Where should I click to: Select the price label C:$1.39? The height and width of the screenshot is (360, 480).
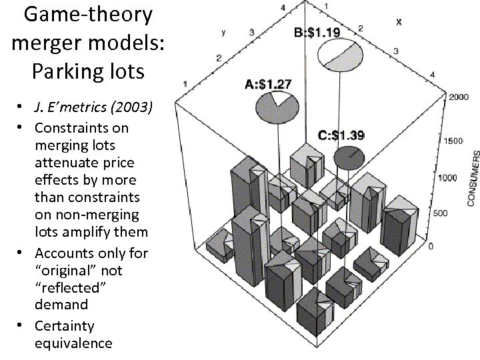coord(341,135)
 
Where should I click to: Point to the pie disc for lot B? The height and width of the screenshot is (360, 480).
coord(338,55)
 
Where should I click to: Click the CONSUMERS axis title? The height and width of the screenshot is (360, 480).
coord(472,177)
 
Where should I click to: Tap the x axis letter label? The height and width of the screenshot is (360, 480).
coord(399,21)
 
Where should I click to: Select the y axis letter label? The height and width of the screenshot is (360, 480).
coord(223,31)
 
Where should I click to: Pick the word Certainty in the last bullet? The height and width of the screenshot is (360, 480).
coord(65,326)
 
